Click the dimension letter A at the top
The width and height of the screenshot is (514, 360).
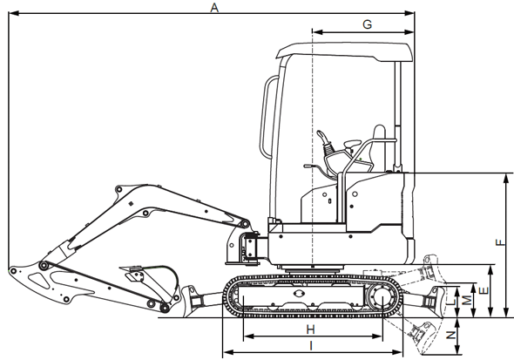click(x=214, y=7)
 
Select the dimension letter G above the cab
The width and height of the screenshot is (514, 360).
click(x=367, y=24)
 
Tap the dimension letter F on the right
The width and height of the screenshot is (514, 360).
click(x=498, y=245)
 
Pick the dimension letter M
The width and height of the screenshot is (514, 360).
click(x=468, y=300)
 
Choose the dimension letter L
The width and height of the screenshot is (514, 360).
click(x=450, y=302)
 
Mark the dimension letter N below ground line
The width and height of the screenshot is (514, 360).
click(x=450, y=335)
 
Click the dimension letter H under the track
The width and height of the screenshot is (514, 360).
click(x=310, y=329)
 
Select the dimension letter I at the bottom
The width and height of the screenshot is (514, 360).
click(x=311, y=346)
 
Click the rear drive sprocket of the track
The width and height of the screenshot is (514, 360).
click(x=382, y=297)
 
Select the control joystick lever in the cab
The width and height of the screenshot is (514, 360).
click(x=328, y=143)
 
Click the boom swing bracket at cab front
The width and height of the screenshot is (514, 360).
click(x=245, y=244)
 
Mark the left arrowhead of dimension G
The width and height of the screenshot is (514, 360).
click(x=314, y=32)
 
